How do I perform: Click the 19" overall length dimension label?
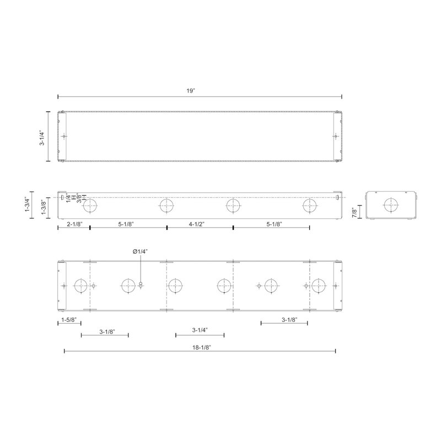point(190,91)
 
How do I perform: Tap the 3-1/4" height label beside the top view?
point(42,137)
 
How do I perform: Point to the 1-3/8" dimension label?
point(44,207)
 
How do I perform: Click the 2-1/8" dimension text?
point(74,224)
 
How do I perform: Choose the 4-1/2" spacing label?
point(197,224)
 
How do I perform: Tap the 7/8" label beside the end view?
point(354,212)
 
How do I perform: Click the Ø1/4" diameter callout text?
point(141,251)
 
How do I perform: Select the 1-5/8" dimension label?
point(69,320)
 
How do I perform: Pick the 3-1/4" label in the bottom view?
point(200,330)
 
